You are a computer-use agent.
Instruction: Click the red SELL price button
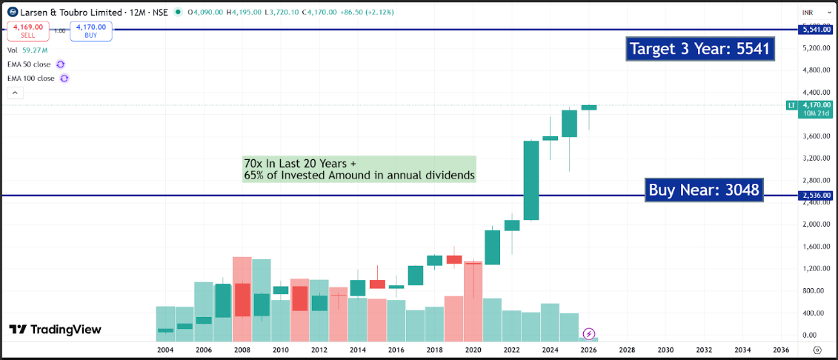pos(28,31)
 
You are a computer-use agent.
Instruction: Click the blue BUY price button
pos(91,31)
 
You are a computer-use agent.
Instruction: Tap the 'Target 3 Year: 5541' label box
pos(699,49)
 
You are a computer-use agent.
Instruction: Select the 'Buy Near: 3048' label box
pos(704,190)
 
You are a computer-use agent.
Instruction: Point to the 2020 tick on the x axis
pos(473,350)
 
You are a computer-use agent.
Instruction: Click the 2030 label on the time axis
pos(665,350)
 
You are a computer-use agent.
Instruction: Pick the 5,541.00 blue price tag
pos(816,30)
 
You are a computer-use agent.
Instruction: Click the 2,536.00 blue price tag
pos(816,196)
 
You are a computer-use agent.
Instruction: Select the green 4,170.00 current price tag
pos(816,105)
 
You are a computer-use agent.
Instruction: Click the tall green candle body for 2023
pos(531,180)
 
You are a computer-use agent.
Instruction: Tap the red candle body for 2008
pos(242,300)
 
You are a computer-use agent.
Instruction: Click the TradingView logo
pos(55,330)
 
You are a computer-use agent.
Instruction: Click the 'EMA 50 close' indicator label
pos(29,64)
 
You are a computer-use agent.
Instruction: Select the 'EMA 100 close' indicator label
pos(31,79)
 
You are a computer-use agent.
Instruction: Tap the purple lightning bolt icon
pos(589,334)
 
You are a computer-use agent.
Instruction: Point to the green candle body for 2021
pos(492,247)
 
